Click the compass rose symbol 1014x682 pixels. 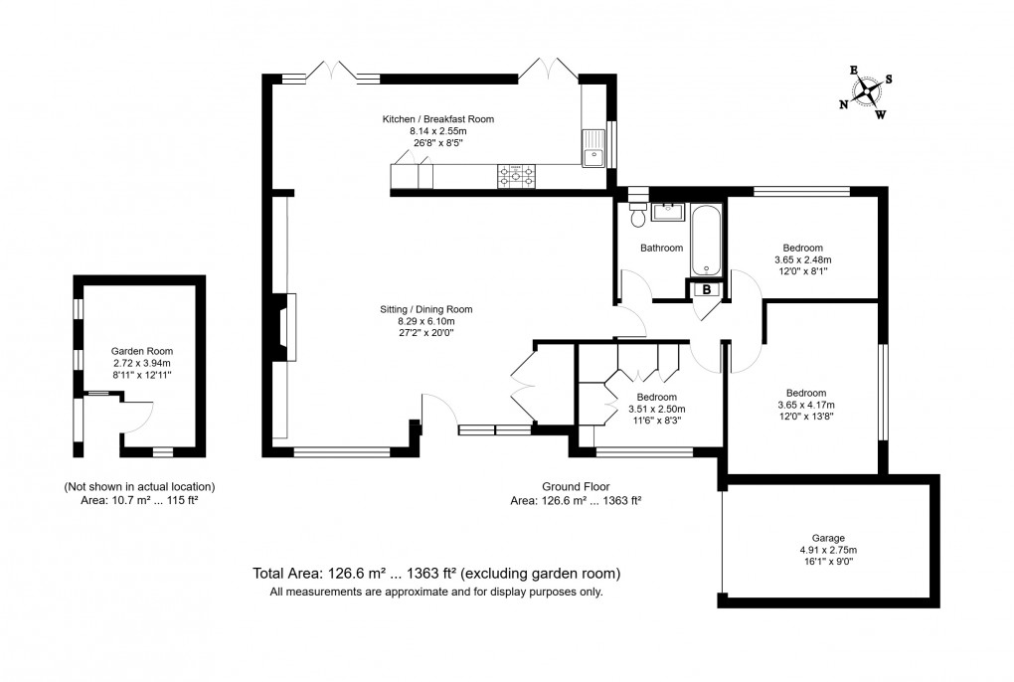tap(867, 92)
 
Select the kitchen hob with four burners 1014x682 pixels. tap(516, 177)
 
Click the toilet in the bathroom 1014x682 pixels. tap(637, 216)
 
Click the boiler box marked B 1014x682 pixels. tap(706, 289)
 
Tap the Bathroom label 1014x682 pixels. tap(661, 248)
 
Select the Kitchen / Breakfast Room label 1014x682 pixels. tap(437, 119)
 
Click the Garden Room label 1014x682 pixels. tap(142, 351)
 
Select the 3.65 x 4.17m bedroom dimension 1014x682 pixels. tap(805, 405)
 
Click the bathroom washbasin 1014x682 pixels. tap(666, 211)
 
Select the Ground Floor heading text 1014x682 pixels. tap(575, 486)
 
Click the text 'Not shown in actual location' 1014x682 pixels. tap(139, 486)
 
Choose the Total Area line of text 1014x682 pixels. tap(436, 574)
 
